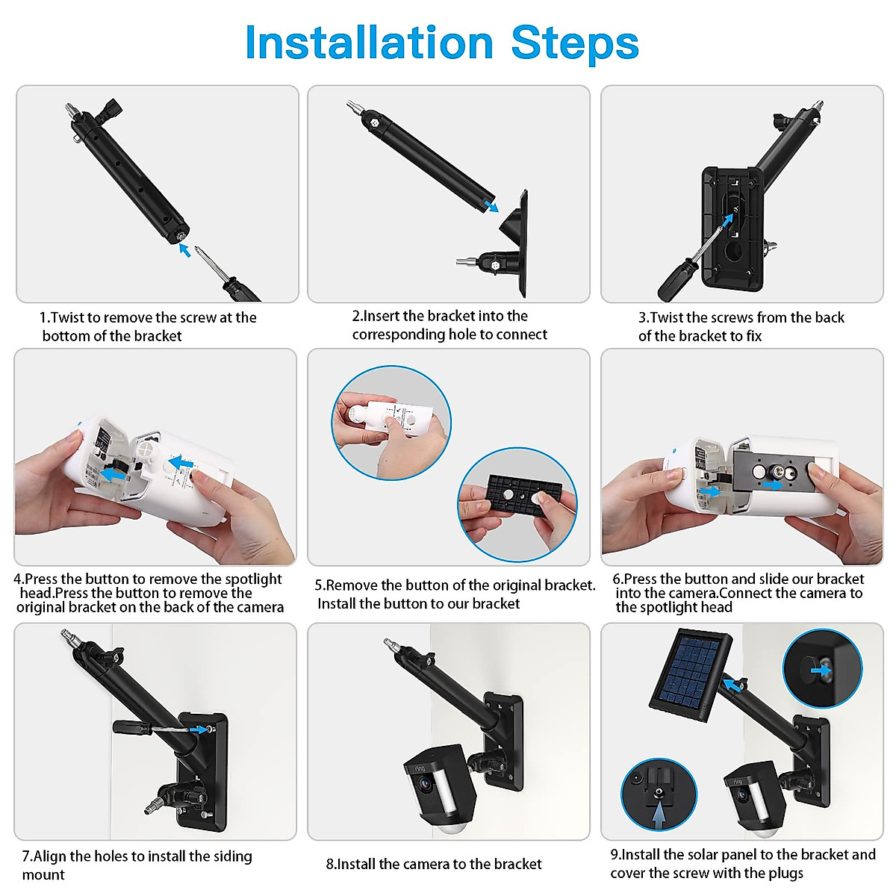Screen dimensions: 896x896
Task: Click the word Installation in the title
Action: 369,43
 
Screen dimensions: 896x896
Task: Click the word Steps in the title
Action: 574,43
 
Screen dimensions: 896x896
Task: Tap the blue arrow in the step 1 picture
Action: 184,250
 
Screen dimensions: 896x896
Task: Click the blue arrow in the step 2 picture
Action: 490,205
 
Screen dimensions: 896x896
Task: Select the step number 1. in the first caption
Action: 44,317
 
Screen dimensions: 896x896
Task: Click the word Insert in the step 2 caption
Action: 380,316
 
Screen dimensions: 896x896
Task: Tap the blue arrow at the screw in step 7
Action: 199,729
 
